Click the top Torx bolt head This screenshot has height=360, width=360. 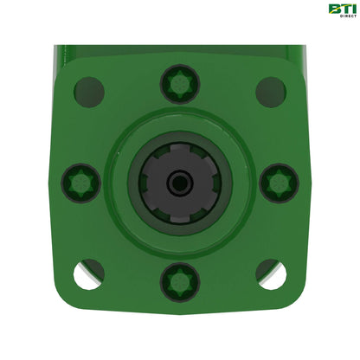coord(180,84)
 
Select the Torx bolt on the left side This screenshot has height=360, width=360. coord(81,183)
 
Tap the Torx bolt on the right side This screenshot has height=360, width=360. coord(279,183)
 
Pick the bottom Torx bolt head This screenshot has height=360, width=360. coord(180,282)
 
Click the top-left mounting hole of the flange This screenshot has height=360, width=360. coord(89,92)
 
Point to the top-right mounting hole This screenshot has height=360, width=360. coord(271,92)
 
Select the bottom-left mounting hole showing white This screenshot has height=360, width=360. coord(89,274)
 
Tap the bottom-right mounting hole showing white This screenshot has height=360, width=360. coord(271,274)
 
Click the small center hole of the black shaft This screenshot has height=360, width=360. coord(179,183)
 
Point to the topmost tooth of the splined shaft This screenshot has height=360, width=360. coord(179,148)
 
